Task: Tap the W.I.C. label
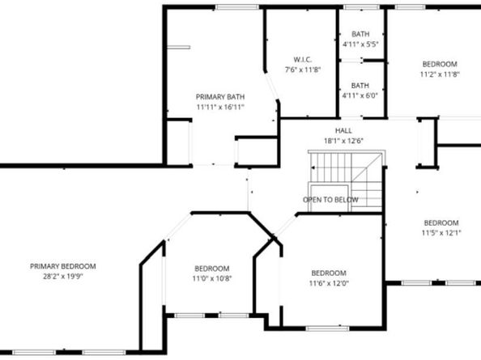[301, 59]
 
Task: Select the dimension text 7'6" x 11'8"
[301, 70]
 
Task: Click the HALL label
[343, 130]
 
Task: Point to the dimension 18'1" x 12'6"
[343, 141]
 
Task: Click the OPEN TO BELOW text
[330, 199]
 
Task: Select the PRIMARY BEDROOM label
[62, 266]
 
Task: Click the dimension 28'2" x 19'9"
[62, 276]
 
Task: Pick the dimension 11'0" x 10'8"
[211, 279]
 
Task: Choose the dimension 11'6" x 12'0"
[329, 284]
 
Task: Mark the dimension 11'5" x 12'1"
[441, 234]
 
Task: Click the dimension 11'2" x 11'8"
[440, 74]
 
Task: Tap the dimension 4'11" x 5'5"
[360, 44]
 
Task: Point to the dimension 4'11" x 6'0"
[360, 95]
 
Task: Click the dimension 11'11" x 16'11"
[219, 106]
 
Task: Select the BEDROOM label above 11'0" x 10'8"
[211, 269]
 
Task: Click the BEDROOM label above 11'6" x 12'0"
[329, 273]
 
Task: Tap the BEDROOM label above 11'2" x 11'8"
[440, 64]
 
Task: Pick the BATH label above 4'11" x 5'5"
[360, 33]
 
